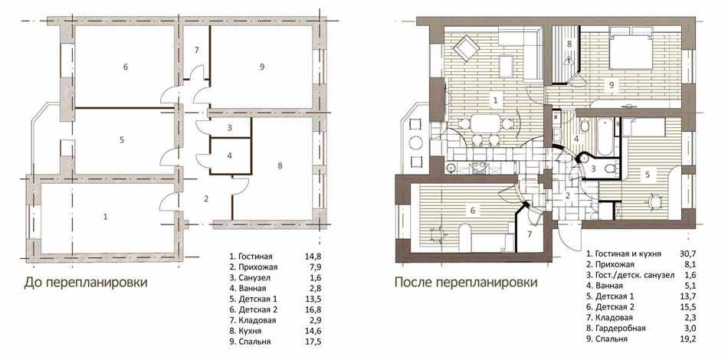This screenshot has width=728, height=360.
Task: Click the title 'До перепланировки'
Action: [85, 283]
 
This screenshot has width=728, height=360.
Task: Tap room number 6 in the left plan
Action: [126, 67]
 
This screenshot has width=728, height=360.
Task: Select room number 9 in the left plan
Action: [262, 67]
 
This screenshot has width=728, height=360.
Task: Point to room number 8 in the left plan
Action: [279, 165]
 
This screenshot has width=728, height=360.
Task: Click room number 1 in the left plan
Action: [106, 216]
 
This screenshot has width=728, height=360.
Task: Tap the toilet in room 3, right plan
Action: [612, 169]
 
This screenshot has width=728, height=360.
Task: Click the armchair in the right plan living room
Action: [466, 47]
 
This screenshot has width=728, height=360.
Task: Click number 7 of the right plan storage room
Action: [529, 234]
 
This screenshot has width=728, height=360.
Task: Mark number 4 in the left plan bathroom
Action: [229, 155]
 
